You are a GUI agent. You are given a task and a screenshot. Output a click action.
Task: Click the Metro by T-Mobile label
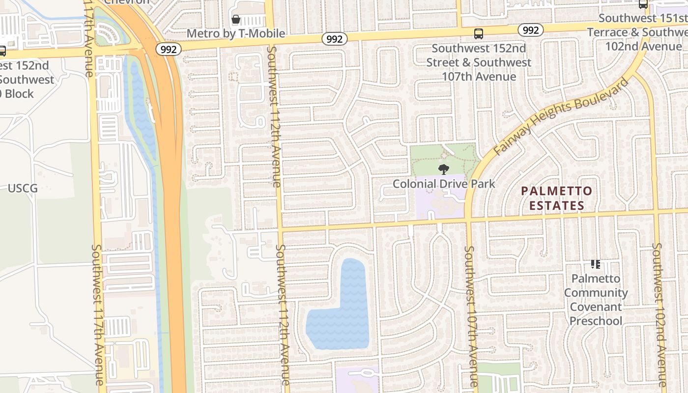[x=236, y=33]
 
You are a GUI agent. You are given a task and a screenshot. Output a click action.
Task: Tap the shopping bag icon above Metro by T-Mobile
[x=236, y=20]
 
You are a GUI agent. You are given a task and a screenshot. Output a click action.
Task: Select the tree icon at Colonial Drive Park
[x=444, y=170]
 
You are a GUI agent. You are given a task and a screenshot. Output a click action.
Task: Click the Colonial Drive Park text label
[x=444, y=184]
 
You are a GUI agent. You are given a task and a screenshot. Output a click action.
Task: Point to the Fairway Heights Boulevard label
[x=562, y=117]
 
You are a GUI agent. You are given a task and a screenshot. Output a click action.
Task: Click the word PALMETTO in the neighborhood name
[x=557, y=191]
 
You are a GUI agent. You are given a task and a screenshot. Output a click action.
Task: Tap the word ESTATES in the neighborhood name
[x=557, y=205]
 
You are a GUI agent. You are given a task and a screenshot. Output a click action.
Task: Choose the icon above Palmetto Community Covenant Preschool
[x=596, y=264]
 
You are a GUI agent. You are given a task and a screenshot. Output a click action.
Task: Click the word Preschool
[x=596, y=321]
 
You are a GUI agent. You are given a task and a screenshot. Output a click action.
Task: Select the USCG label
[x=23, y=188]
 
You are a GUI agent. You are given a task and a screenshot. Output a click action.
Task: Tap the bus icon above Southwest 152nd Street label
[x=478, y=34]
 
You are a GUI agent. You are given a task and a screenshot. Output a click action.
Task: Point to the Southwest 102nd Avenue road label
[x=659, y=314]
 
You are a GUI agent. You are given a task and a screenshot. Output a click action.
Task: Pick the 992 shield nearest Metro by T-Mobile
[x=334, y=39]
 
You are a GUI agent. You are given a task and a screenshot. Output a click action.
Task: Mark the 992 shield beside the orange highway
[x=169, y=49]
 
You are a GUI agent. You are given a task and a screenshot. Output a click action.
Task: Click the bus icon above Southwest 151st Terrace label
[x=643, y=4]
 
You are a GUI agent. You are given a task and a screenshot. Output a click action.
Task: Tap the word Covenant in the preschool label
[x=596, y=307]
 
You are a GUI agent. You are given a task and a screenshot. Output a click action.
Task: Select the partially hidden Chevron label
[x=127, y=2]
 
